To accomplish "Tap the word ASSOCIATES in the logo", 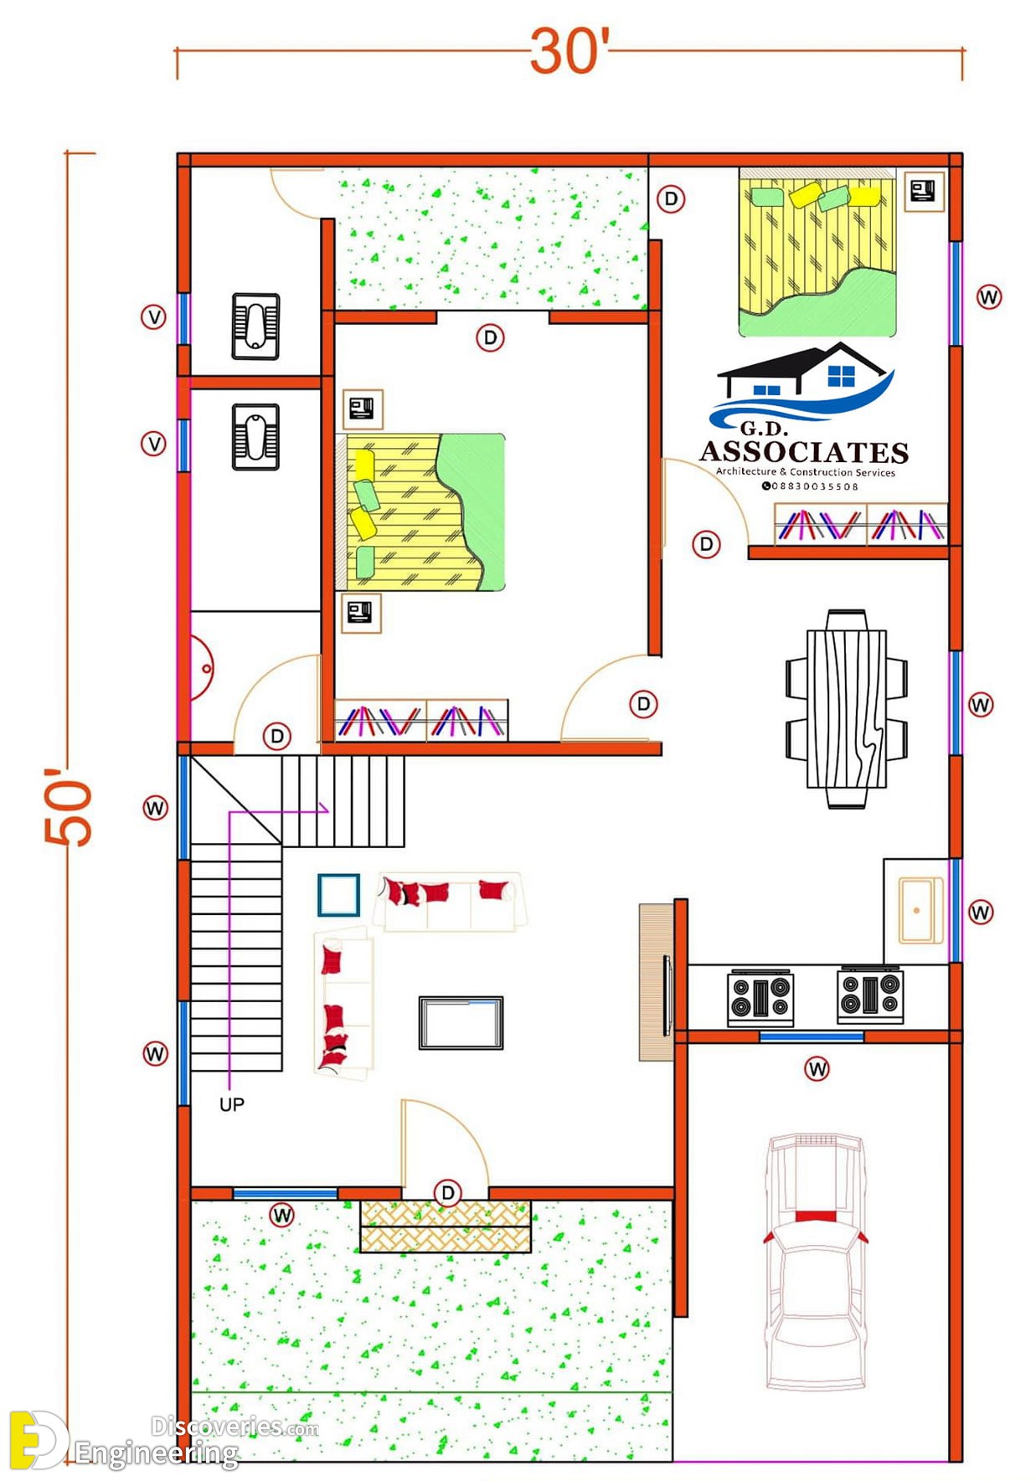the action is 804,452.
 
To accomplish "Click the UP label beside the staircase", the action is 232,1104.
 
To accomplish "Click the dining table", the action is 847,708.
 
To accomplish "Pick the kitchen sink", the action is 920,910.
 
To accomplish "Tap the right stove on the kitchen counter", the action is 870,995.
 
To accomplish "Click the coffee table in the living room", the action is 461,1022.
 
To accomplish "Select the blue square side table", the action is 339,895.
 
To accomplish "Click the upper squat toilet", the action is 255,327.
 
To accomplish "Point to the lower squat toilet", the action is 255,437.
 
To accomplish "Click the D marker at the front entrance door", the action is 448,1193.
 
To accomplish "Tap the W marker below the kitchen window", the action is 817,1068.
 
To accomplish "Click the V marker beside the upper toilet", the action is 153,317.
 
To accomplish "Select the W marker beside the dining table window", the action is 981,705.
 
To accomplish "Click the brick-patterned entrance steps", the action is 446,1226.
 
